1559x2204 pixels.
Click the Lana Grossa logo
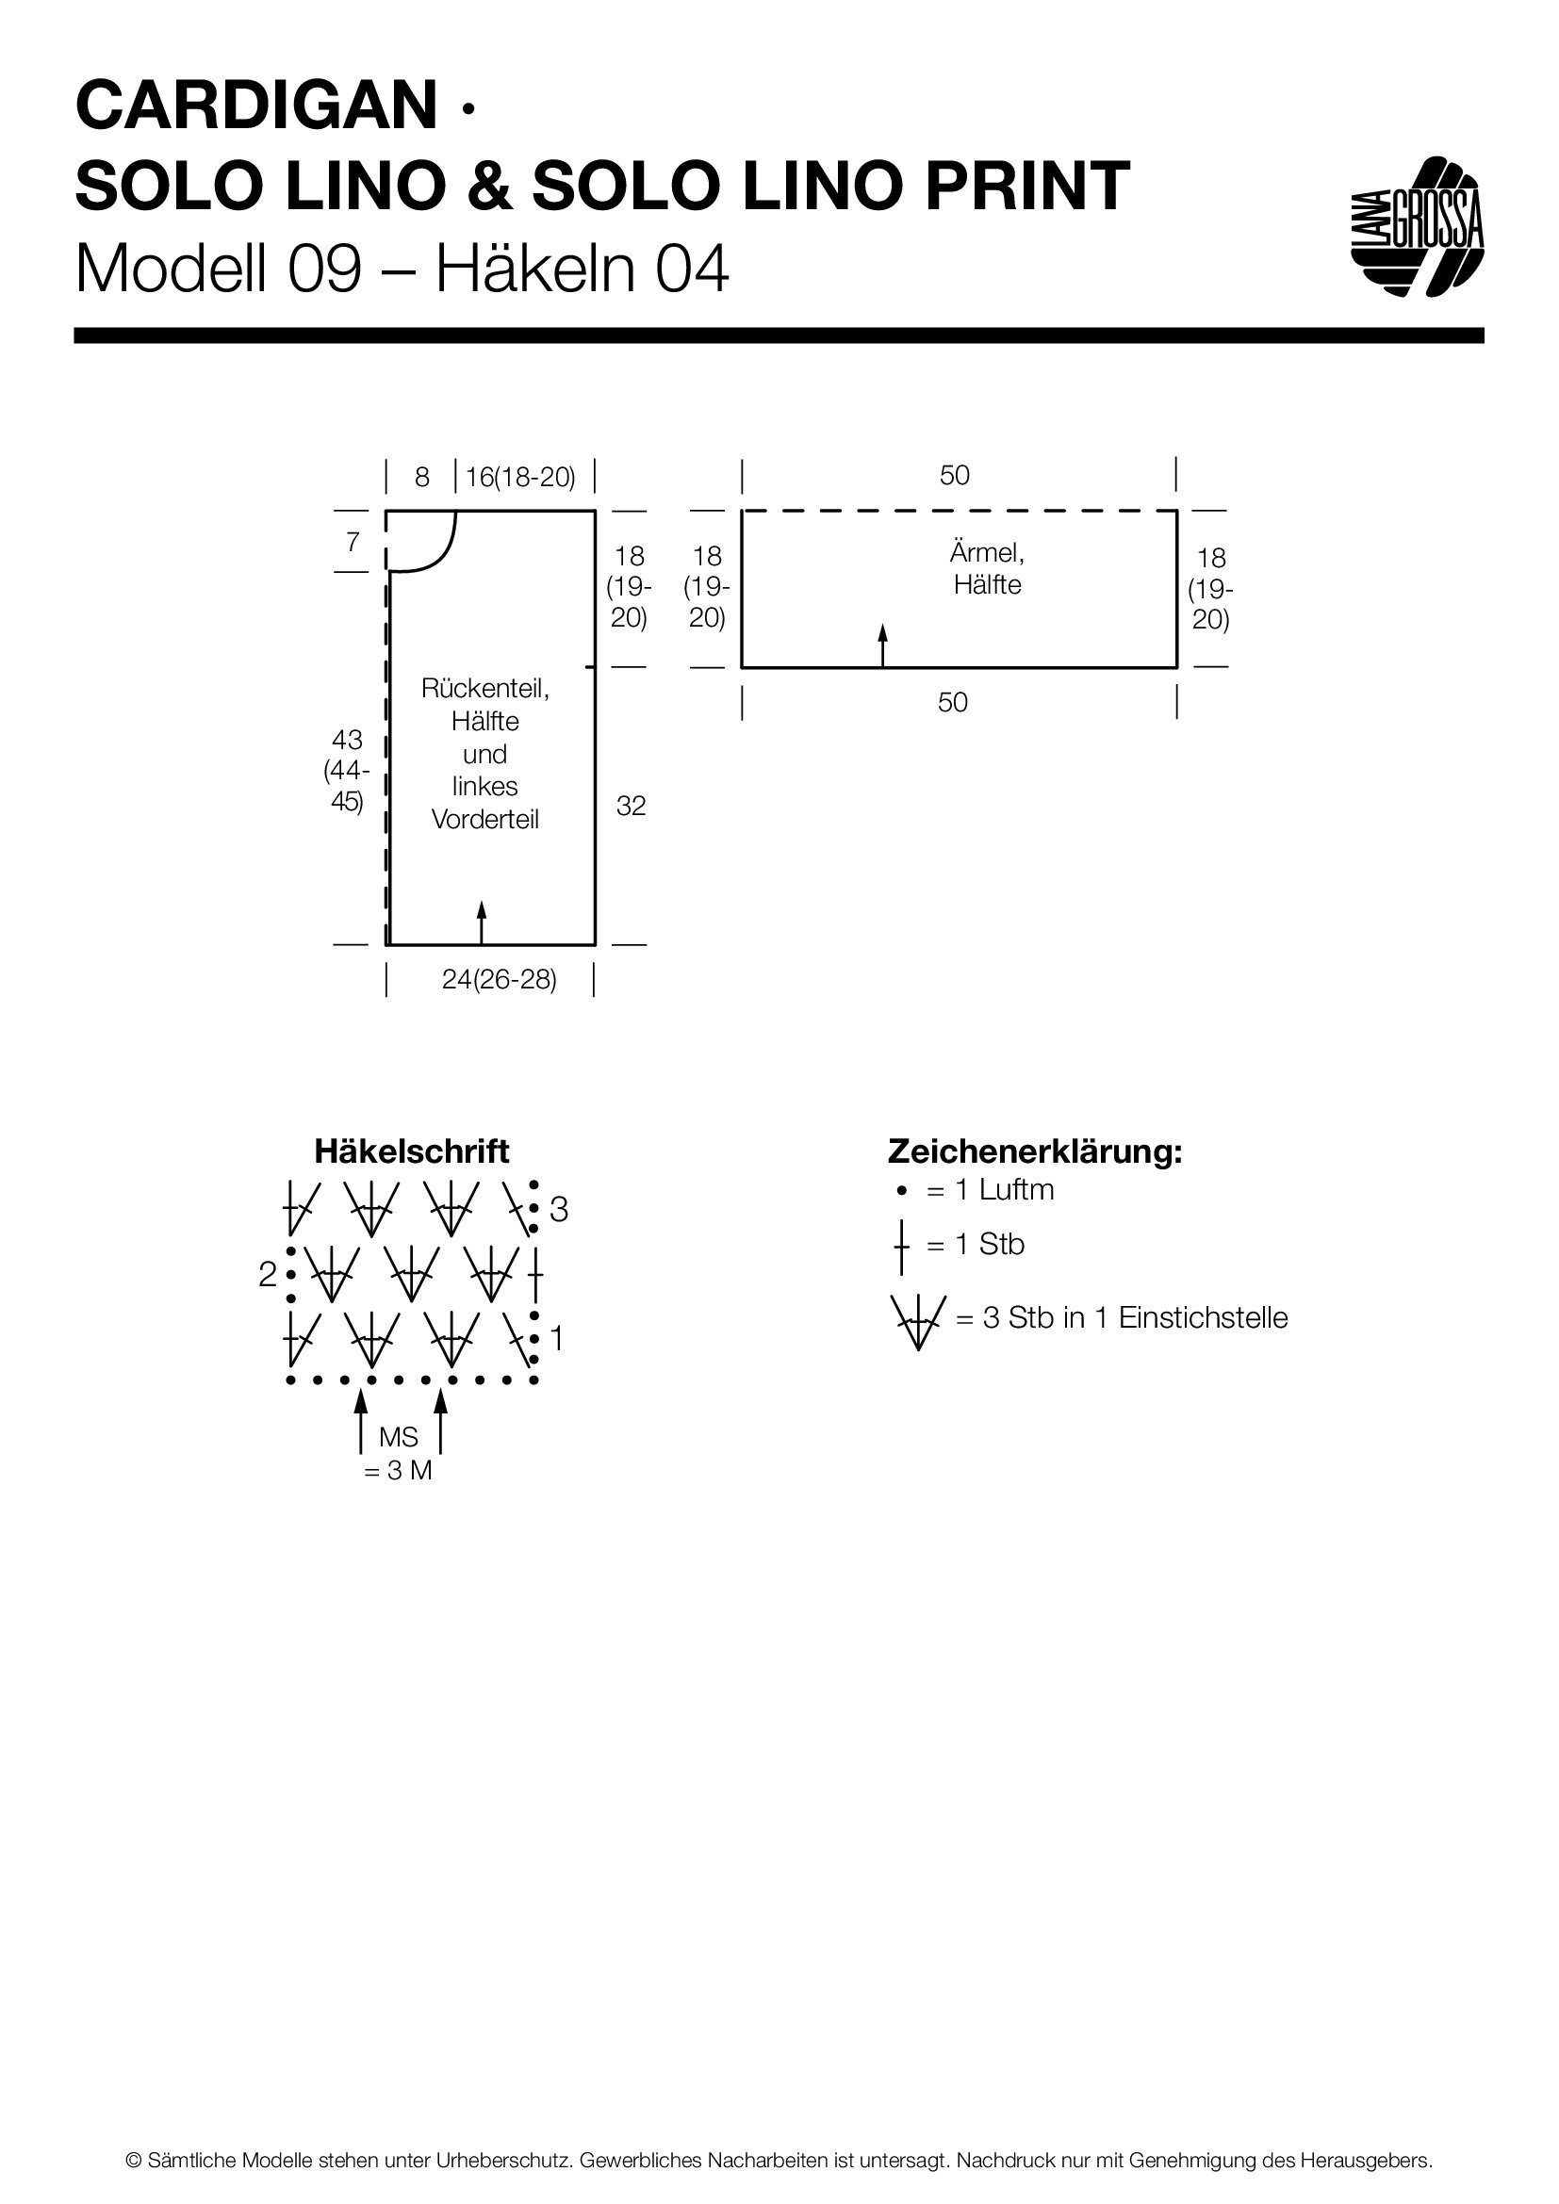click(1417, 226)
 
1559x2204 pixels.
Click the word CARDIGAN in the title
click(256, 106)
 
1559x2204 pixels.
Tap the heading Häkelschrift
click(412, 1151)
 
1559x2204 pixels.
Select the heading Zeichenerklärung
click(1035, 1151)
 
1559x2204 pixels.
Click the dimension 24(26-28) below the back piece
click(500, 980)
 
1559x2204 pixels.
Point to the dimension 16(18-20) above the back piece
click(520, 477)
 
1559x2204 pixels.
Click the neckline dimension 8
click(421, 477)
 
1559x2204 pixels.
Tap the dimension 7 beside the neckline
click(353, 543)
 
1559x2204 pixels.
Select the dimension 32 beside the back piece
click(631, 807)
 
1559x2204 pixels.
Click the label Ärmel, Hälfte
click(987, 568)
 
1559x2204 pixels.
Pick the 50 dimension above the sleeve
click(954, 475)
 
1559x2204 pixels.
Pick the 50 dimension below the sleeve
click(952, 703)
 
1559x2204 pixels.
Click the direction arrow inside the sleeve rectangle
click(882, 645)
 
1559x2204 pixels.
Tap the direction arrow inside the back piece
click(482, 922)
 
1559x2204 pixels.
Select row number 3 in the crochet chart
click(559, 1211)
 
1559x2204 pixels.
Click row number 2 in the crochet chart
click(268, 1275)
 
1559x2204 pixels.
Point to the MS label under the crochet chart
click(399, 1437)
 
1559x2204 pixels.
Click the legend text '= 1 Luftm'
click(990, 1190)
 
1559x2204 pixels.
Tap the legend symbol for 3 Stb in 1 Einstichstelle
click(918, 1320)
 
